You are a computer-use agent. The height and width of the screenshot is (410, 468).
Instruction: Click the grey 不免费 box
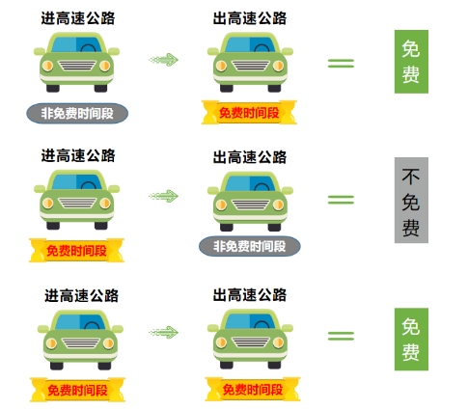coord(411,200)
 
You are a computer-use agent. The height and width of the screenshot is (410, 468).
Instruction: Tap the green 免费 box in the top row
coord(411,62)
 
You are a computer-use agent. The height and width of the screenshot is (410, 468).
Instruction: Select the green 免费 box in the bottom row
coord(411,340)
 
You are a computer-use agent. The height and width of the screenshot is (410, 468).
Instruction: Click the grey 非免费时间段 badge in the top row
coord(77,113)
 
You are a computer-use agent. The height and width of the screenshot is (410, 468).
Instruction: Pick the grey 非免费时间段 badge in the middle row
coord(250,246)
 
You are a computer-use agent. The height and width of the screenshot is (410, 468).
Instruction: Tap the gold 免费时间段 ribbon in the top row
coord(249,112)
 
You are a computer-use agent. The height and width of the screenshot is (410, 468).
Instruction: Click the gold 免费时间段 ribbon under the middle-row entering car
coord(76,250)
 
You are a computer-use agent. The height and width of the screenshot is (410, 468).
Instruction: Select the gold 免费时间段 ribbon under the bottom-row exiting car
coord(253,389)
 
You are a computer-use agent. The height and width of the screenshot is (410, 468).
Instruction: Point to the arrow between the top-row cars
coord(163,60)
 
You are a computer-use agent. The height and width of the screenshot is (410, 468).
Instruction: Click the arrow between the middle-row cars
coord(163,196)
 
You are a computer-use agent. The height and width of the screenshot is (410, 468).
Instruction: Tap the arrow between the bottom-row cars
coord(163,333)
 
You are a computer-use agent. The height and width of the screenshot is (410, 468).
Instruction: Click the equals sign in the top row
coord(341,63)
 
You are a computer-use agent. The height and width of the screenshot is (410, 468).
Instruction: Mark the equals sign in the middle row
coord(341,200)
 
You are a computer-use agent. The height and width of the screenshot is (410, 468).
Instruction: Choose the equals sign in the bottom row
coord(341,336)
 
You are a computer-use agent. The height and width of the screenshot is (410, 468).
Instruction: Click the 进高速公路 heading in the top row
coord(78,18)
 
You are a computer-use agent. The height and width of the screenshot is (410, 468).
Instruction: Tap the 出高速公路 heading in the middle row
coord(250,157)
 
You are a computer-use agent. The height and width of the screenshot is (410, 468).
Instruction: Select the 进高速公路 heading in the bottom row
coord(81,295)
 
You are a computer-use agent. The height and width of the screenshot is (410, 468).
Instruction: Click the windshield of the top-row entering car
coord(76,44)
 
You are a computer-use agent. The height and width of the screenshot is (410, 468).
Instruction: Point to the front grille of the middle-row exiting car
coord(250,205)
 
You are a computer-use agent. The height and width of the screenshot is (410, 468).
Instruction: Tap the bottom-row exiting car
coord(250,339)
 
